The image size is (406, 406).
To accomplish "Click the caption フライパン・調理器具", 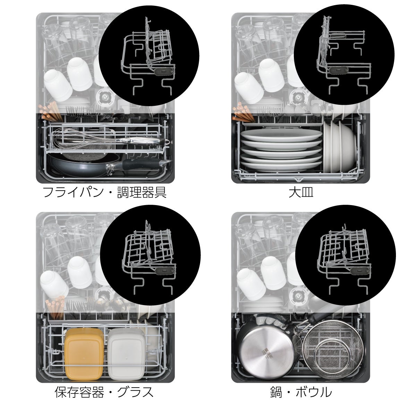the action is tap(104, 192).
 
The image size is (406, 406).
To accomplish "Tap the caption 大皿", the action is tap(301, 192).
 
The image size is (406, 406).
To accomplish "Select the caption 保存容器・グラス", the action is tap(104, 392).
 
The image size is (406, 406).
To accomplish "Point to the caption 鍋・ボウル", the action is tap(301, 392).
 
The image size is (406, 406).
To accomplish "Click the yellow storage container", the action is tap(84, 354).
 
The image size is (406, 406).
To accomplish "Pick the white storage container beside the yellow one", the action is tap(127, 354).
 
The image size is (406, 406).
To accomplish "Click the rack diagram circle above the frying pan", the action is tap(149, 56).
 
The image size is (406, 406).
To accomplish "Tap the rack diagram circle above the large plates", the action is tap(344, 54).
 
